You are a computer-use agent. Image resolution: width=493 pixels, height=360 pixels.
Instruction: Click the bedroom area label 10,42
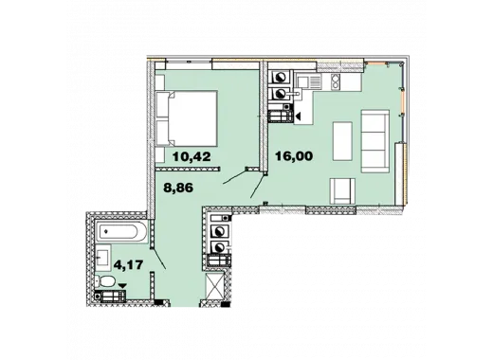coord(192,156)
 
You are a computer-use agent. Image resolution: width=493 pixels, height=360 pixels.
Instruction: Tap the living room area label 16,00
coord(294,156)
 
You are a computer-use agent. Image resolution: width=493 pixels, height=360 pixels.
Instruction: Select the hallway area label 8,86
coord(178,188)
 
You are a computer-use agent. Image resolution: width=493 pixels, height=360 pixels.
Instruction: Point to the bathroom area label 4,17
coord(128,264)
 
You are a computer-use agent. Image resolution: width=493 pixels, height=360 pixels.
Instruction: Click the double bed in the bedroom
coord(192,118)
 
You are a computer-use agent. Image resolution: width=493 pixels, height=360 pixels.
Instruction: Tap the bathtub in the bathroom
coord(122,232)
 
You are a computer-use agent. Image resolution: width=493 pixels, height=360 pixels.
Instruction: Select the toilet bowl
coord(105,281)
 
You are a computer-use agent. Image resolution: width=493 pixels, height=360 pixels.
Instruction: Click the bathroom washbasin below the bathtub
coord(103,258)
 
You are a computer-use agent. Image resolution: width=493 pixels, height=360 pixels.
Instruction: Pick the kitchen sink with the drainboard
coord(309,81)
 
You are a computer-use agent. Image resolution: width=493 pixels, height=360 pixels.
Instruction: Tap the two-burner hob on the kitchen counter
coord(335,81)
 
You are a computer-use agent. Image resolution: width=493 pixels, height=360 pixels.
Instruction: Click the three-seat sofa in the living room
coord(375,141)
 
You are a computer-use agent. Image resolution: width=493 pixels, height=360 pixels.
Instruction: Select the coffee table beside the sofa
coord(342,141)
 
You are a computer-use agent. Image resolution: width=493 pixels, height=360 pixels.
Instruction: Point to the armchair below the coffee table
coord(342,191)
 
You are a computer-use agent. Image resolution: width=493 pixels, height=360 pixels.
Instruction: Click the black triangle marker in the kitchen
coord(298,117)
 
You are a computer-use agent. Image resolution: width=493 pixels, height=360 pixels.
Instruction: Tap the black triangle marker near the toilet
coord(122,285)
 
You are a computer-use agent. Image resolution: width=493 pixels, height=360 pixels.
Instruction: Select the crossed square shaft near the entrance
coord(214,286)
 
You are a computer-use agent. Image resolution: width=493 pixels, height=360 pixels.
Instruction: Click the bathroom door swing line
coord(158,258)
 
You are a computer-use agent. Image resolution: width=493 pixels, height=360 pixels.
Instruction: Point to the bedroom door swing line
coord(234,177)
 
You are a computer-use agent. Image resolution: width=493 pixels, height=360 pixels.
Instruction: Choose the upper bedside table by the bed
coord(160,81)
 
